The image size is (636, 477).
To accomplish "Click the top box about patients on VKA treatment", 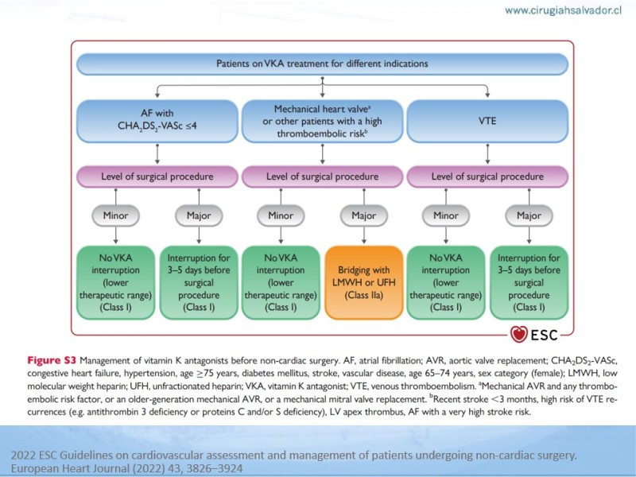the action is [322, 64].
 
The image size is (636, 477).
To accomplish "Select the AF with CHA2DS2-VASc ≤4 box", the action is [157, 121].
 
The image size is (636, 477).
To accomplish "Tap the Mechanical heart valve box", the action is [322, 121].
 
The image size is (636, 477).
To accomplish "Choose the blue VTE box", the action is [487, 121].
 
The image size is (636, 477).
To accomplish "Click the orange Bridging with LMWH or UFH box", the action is [364, 282].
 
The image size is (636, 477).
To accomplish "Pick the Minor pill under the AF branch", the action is [115, 215].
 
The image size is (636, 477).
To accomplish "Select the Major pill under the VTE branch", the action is [529, 215].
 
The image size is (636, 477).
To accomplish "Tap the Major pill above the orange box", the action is [364, 215].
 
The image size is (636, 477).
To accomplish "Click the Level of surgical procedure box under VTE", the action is [487, 176].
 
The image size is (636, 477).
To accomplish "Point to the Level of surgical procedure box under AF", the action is [157, 176].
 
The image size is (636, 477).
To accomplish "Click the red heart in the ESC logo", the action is [518, 334].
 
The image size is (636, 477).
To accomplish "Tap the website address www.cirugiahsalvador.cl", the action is [563, 10].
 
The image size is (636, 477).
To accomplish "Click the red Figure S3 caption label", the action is [52, 360].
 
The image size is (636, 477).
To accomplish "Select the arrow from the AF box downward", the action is [157, 153].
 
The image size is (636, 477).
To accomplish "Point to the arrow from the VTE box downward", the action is [487, 153].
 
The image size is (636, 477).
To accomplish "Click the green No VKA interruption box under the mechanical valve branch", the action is [281, 282].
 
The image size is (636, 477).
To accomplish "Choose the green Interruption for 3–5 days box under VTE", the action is [529, 282].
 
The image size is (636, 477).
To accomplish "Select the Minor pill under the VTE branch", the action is [446, 215].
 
